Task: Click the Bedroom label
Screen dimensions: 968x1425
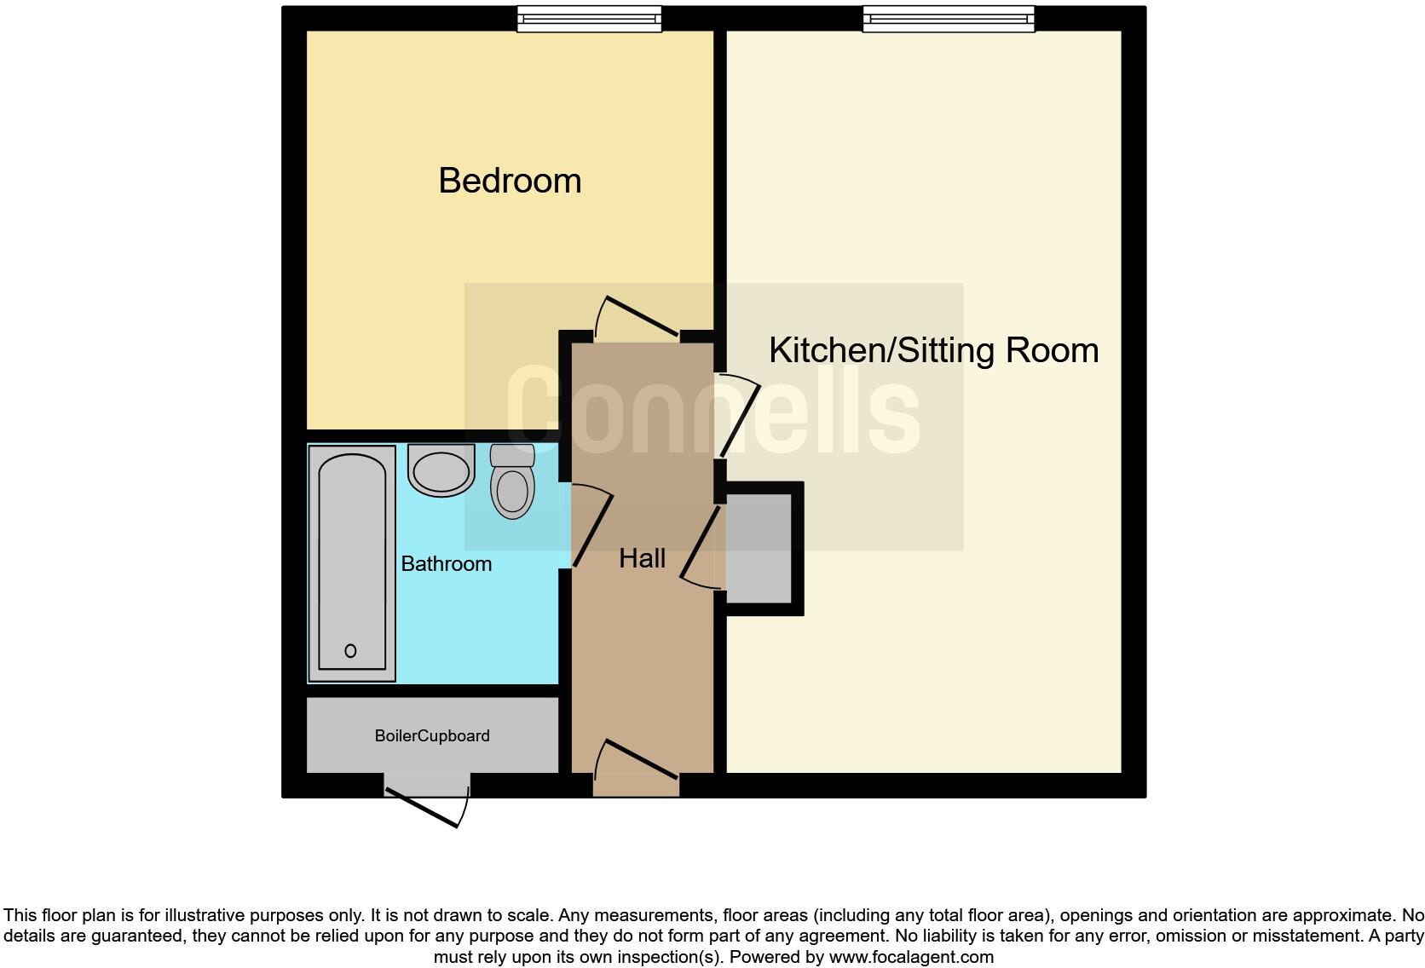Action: [x=510, y=181]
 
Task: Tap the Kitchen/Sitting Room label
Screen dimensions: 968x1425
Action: [x=933, y=350]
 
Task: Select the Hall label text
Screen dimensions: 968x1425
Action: [x=642, y=559]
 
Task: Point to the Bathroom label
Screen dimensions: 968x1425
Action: [x=446, y=564]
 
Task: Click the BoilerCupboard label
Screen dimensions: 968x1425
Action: [x=432, y=736]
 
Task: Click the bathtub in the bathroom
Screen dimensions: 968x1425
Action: [x=351, y=562]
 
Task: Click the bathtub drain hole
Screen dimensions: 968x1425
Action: [x=350, y=651]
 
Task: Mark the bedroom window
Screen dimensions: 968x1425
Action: [x=589, y=19]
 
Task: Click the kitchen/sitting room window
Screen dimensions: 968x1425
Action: [x=949, y=19]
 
